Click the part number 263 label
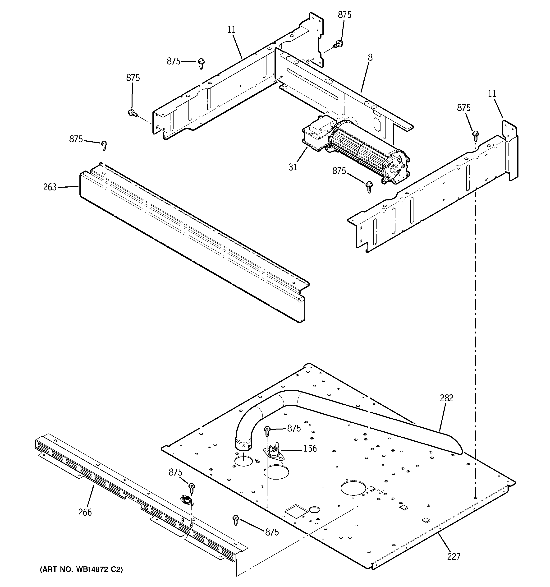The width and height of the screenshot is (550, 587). tap(50, 187)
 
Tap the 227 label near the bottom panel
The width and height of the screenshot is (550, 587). tap(454, 556)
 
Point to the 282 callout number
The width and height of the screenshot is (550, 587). tap(446, 398)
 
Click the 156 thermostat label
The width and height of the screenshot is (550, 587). tap(310, 448)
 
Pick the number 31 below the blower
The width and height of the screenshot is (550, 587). tap(293, 167)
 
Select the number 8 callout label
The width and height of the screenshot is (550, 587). tap(370, 57)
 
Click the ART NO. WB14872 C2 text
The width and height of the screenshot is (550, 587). tap(81, 569)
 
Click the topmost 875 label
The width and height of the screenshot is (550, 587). tap(344, 15)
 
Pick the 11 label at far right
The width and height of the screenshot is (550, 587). tap(492, 94)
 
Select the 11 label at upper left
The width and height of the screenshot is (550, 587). tap(231, 30)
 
